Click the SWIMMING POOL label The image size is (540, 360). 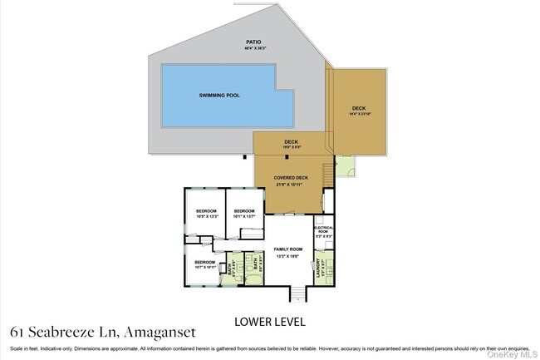(219, 96)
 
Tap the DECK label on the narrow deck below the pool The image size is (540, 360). (291, 141)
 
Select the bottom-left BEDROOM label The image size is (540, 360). (205, 262)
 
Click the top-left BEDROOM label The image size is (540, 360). (207, 211)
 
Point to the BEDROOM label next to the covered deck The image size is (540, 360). (243, 211)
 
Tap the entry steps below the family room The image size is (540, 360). (294, 293)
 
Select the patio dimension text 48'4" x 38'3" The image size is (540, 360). (253, 47)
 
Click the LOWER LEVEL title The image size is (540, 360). (270, 321)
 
